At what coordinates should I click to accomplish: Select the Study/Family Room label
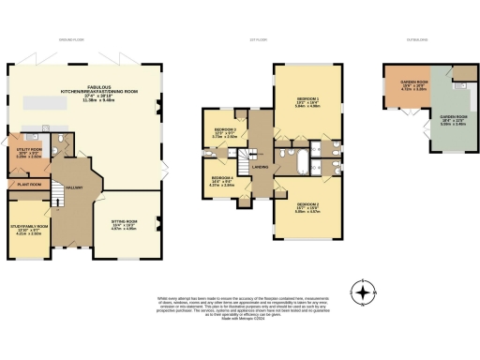28,228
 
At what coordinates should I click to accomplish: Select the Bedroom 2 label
307,207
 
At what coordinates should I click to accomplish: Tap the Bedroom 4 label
221,181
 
